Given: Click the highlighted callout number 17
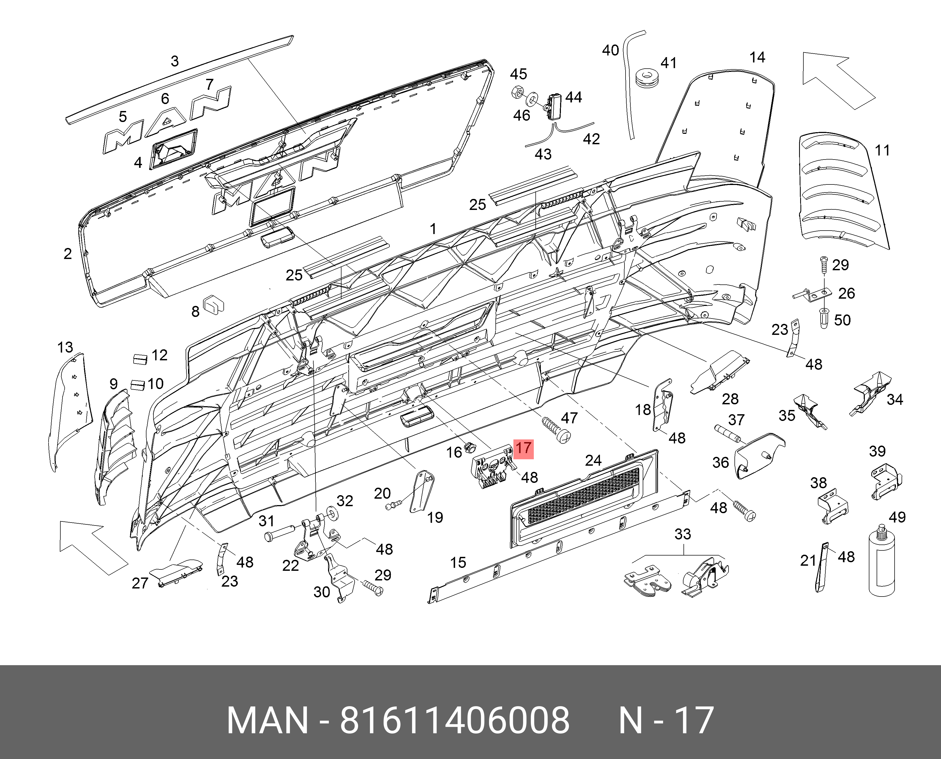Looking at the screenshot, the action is pos(523,448).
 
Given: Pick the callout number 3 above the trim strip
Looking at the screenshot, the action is pos(175,61).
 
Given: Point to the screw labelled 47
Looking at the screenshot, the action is pos(556,431).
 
